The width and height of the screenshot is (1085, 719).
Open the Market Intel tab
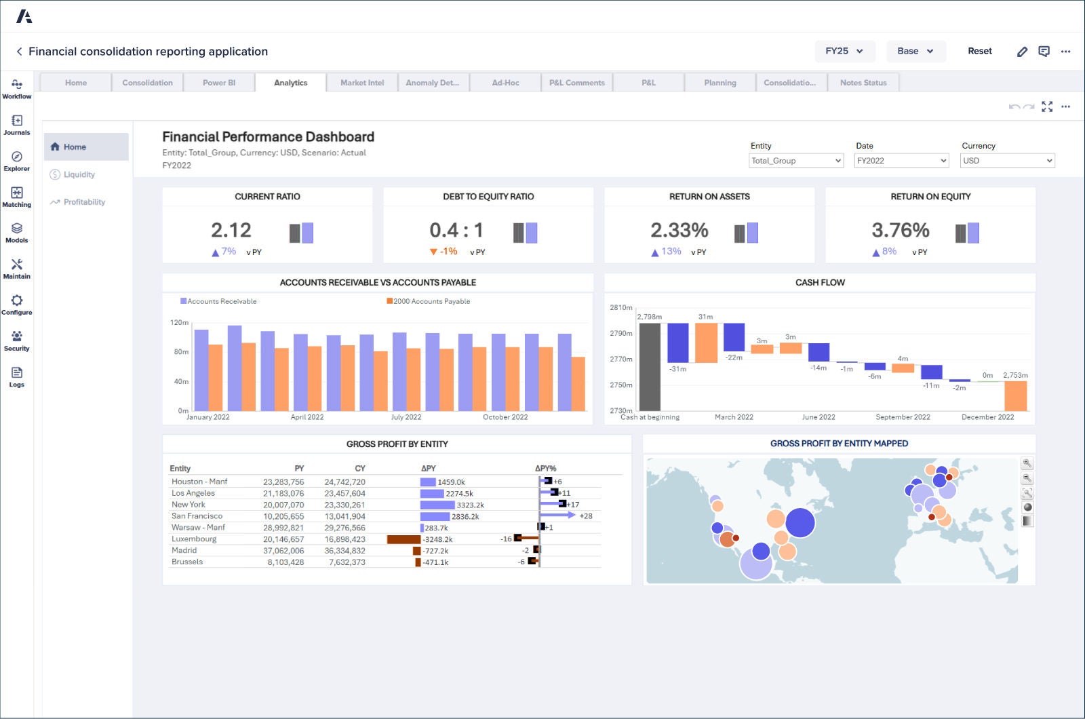[362, 83]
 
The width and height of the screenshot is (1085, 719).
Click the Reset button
[979, 51]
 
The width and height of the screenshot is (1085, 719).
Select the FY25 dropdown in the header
[844, 51]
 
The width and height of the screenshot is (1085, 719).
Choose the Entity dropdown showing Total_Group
[796, 161]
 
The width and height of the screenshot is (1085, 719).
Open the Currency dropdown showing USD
[1007, 161]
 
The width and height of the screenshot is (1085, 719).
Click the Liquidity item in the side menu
[79, 174]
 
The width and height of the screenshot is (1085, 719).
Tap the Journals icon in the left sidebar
[17, 124]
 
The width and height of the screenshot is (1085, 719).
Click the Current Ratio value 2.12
[231, 230]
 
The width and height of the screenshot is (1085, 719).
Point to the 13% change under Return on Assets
[671, 252]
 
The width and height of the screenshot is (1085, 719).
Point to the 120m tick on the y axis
[179, 322]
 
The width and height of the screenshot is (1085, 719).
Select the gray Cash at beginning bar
[650, 366]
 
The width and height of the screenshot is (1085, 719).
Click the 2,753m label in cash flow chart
[1015, 375]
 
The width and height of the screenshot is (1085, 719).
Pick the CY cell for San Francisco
[344, 516]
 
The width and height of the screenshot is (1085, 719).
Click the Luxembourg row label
[194, 539]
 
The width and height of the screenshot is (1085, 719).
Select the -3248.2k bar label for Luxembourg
[437, 539]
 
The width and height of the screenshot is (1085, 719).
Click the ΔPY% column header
[545, 468]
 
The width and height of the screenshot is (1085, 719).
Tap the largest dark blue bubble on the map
[800, 522]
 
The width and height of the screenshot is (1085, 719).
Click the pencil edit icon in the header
[1022, 52]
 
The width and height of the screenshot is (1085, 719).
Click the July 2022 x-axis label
[406, 417]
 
